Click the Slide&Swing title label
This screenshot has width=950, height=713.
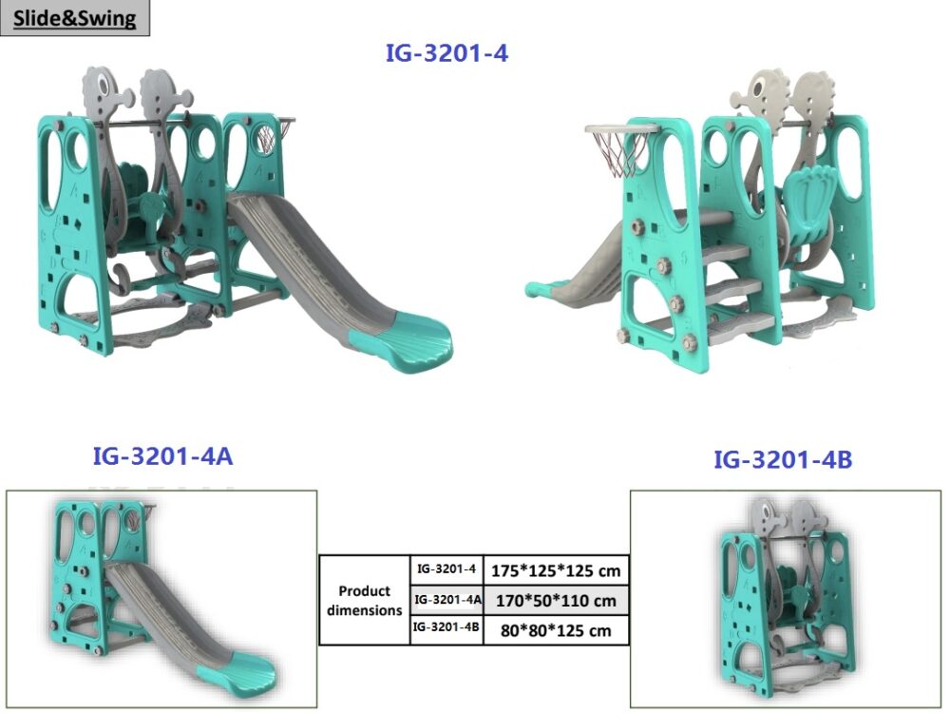coord(74,17)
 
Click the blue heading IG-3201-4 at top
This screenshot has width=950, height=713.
coord(447,53)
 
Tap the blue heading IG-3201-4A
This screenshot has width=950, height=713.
coord(162,456)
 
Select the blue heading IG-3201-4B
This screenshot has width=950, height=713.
coord(783,459)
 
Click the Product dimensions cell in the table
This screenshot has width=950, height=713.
coord(365,600)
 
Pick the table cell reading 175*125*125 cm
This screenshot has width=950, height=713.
coord(556,570)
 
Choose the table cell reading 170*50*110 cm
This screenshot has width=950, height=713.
coord(556,601)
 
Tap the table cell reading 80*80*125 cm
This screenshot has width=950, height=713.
coord(556,630)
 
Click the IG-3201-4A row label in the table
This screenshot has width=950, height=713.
coord(447,600)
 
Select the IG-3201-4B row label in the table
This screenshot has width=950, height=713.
coord(446,626)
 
